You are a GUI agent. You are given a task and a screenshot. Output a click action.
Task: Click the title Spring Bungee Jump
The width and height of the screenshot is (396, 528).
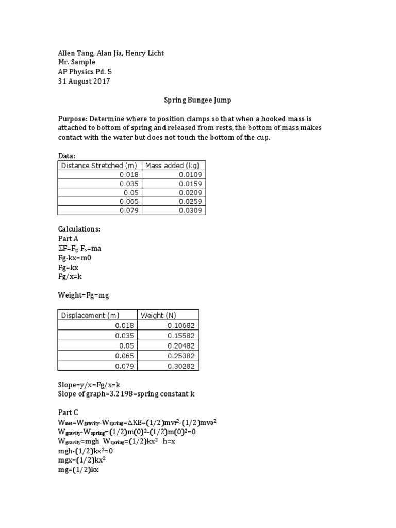click(197, 103)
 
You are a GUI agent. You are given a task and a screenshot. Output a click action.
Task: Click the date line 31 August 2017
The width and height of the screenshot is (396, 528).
click(84, 81)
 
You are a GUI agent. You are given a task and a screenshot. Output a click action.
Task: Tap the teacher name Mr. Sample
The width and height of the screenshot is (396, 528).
click(76, 62)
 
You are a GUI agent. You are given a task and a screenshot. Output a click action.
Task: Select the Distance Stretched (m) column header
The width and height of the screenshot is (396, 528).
click(98, 166)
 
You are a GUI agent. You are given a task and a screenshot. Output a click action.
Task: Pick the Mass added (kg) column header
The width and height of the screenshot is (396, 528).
click(172, 166)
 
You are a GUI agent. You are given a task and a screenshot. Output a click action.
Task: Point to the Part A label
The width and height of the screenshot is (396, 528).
click(70, 238)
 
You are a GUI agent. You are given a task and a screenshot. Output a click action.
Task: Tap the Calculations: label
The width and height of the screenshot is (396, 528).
click(79, 228)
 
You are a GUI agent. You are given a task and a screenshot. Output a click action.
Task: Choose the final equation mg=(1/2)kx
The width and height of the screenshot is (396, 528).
click(78, 470)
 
